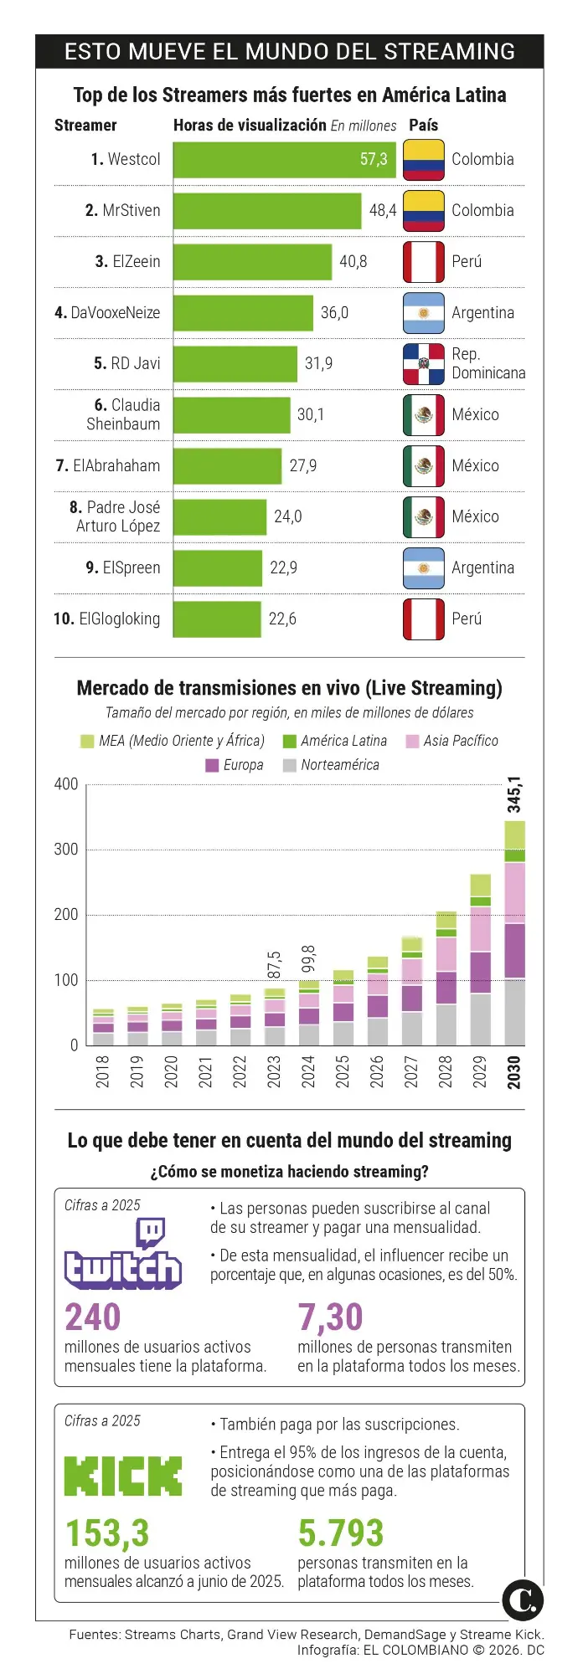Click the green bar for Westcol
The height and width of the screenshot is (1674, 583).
[x=284, y=159]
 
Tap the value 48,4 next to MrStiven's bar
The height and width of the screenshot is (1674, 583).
[x=383, y=210]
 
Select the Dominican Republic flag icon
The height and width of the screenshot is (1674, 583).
[x=423, y=363]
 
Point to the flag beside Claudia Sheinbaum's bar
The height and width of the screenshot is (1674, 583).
[x=423, y=414]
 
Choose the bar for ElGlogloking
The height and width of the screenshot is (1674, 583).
[x=217, y=619]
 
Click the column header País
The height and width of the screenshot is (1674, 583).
[x=423, y=125]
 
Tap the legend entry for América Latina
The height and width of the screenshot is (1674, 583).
[x=343, y=741]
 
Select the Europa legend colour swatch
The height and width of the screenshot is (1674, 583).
[x=212, y=765]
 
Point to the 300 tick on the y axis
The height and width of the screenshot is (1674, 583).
[x=66, y=849]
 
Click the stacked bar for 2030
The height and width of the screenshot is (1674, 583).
[x=514, y=933]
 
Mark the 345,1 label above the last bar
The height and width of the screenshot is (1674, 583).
[x=514, y=794]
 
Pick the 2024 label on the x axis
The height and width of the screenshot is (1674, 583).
[x=308, y=1071]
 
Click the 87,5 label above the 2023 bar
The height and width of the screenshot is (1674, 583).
[x=274, y=965]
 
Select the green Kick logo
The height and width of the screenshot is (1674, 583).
[x=123, y=1476]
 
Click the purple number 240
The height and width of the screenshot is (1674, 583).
[x=93, y=1317]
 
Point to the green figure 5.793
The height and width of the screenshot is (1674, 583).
[x=340, y=1533]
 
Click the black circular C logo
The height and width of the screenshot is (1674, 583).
[x=523, y=1600]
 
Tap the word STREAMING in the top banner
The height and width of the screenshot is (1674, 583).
[x=449, y=51]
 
